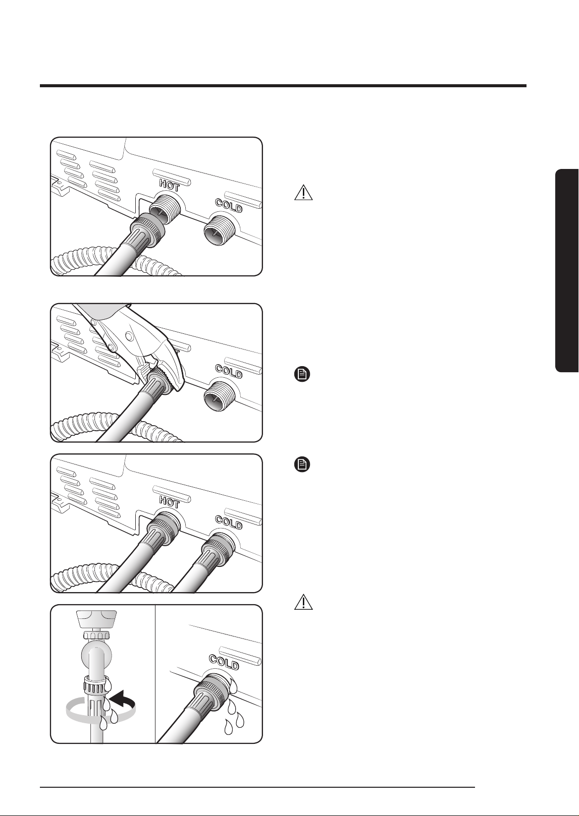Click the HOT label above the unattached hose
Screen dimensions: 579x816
point(170,186)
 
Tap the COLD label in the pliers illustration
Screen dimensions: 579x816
point(229,371)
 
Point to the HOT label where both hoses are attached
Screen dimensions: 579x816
point(170,503)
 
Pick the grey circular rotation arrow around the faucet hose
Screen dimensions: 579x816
point(100,710)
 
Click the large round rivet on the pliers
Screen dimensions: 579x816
point(130,336)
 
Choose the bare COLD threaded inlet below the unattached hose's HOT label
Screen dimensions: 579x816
point(218,230)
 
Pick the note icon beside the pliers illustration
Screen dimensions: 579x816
point(302,374)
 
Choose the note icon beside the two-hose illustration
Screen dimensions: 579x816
point(302,465)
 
